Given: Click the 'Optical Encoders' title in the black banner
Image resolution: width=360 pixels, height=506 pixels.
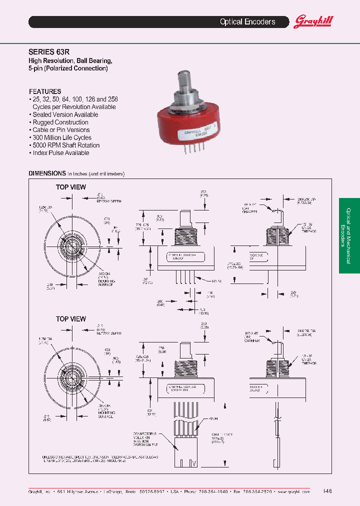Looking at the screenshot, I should point(247,22).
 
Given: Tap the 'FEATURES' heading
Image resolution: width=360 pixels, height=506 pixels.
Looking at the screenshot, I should point(45,91).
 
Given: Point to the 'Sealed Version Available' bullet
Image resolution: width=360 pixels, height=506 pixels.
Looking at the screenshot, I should point(65,114).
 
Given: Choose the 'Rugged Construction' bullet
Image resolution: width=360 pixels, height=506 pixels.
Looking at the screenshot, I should point(60,122).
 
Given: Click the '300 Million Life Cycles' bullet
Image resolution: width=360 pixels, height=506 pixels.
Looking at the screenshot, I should point(62,137).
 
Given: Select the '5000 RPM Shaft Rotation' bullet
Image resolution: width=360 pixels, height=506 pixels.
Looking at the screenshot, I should point(66,145).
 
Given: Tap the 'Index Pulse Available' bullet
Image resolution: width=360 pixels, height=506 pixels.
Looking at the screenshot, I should point(60,153).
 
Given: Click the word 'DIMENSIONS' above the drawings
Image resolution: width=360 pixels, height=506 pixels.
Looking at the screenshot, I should point(47,173).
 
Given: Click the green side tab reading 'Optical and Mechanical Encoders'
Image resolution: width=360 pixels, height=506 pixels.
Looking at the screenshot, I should point(349,235).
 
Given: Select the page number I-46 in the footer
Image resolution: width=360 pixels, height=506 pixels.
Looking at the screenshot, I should point(327,491).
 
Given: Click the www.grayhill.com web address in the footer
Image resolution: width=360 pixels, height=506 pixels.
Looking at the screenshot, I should point(294,492).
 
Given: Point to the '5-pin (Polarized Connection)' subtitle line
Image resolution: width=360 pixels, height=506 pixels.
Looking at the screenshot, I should point(68,68).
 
